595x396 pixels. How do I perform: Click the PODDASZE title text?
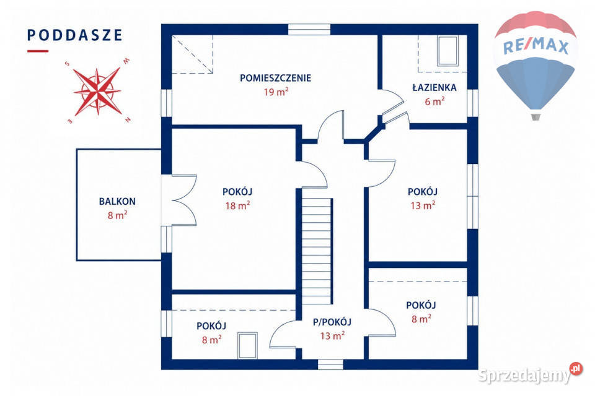coord(75,35)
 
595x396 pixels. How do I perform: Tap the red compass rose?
coord(97,92)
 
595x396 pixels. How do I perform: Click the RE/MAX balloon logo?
coord(535,65)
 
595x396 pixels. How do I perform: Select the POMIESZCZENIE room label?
coord(275,78)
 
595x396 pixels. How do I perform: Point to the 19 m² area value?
coord(276,92)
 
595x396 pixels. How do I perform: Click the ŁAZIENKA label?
coord(434,87)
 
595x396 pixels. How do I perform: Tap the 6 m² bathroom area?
coord(434,101)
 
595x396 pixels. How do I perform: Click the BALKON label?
coord(117,202)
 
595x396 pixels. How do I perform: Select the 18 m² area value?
coord(237,206)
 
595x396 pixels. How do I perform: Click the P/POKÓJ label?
coord(332,322)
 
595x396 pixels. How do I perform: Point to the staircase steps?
coord(317,251)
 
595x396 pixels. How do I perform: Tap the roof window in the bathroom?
coord(447,51)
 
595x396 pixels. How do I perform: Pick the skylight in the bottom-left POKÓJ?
coord(247,345)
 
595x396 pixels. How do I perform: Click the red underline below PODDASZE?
coord(38,51)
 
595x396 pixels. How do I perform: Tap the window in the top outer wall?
coord(309,30)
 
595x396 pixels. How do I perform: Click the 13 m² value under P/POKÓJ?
coord(332,336)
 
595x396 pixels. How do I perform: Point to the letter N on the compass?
coord(128,120)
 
